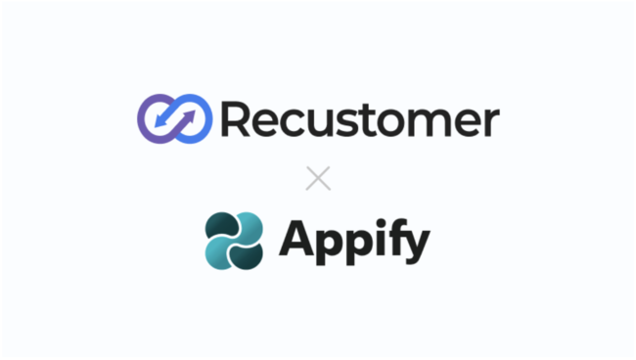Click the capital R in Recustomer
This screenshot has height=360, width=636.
236,119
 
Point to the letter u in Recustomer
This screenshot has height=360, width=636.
319,123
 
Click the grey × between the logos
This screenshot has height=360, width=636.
318,178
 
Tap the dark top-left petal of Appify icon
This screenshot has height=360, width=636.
220,226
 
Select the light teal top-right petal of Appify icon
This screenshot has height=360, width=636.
249,226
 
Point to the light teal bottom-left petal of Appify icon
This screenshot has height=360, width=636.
220,253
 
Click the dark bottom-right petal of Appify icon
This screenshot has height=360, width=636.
249,253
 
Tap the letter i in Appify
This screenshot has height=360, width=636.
378,239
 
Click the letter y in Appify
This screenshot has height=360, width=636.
415,245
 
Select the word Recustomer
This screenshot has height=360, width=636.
358,120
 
